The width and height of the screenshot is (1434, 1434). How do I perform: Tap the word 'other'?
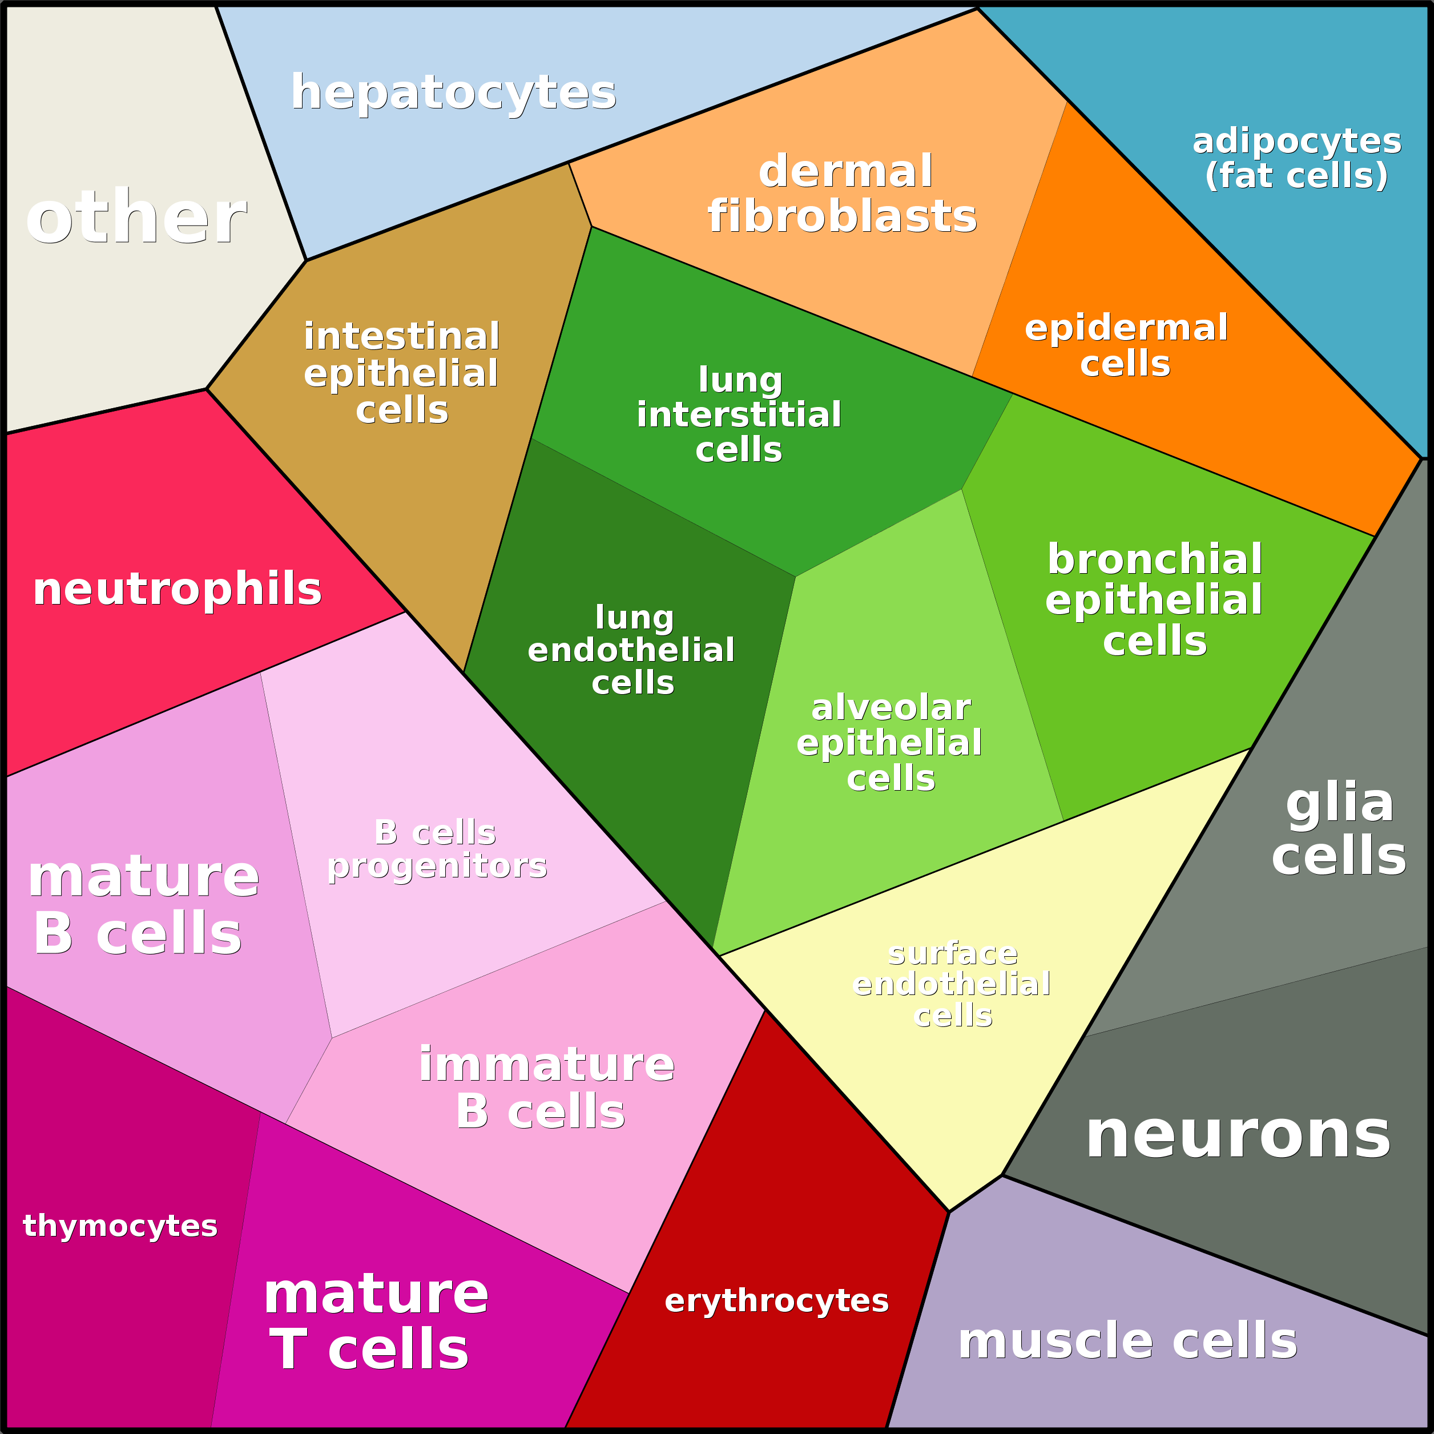pyautogui.click(x=136, y=217)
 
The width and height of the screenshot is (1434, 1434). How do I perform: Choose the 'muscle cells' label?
pyautogui.click(x=1127, y=1340)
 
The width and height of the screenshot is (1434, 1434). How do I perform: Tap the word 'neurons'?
pyautogui.click(x=1237, y=1135)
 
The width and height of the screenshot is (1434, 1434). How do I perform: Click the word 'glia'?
pyautogui.click(x=1340, y=803)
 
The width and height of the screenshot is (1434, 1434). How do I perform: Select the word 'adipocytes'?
pyautogui.click(x=1296, y=141)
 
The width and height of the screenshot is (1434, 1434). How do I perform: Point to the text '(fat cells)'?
pyautogui.click(x=1296, y=176)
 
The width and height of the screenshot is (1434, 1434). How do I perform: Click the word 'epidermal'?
pyautogui.click(x=1126, y=328)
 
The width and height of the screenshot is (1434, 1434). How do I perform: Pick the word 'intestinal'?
pyautogui.click(x=401, y=336)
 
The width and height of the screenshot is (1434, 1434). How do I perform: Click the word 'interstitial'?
pyautogui.click(x=739, y=414)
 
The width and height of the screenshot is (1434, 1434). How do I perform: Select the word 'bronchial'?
pyautogui.click(x=1155, y=559)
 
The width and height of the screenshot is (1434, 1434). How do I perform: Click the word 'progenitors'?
pyautogui.click(x=437, y=865)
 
